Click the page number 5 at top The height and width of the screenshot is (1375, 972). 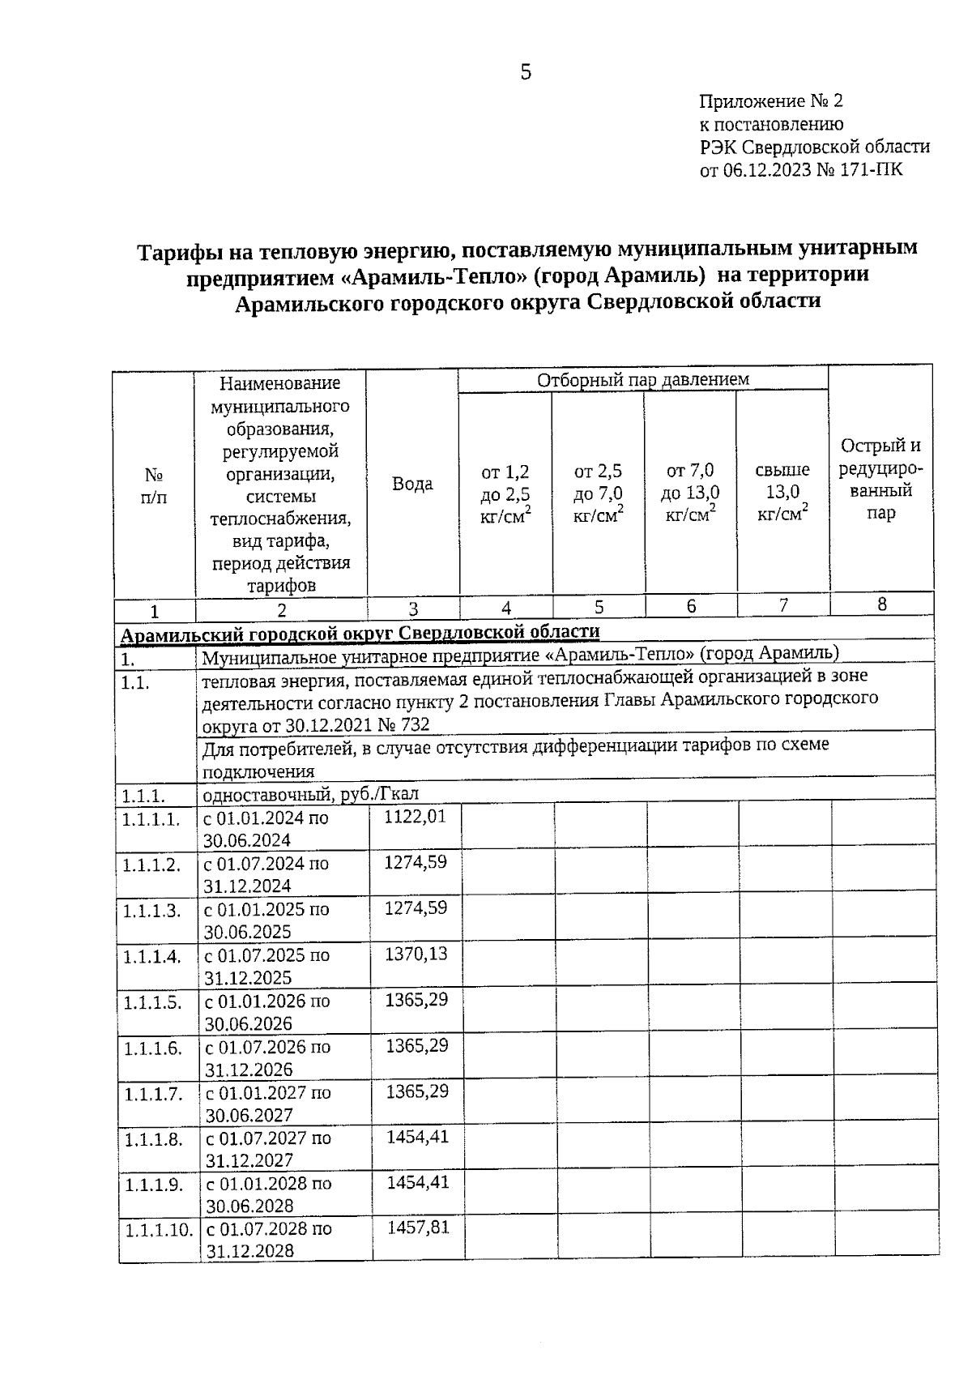pyautogui.click(x=526, y=73)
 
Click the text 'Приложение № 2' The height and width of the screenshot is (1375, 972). pyautogui.click(x=770, y=101)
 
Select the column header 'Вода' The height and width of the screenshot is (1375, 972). pyautogui.click(x=412, y=484)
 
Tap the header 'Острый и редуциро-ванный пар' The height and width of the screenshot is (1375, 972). pyautogui.click(x=880, y=479)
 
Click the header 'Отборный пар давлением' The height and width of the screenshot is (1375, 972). pyautogui.click(x=643, y=379)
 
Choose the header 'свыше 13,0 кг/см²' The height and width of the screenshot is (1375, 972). pyautogui.click(x=782, y=492)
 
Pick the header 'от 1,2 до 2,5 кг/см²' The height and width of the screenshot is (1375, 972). pyautogui.click(x=505, y=493)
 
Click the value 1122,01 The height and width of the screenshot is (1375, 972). pyautogui.click(x=415, y=817)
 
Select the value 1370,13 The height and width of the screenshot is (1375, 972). pyautogui.click(x=416, y=954)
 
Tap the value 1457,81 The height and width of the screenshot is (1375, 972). pyautogui.click(x=418, y=1228)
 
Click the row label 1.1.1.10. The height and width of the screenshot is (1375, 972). pyautogui.click(x=159, y=1230)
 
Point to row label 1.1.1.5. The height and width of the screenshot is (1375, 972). pyautogui.click(x=151, y=1002)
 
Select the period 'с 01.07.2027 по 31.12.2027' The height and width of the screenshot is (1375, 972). pyautogui.click(x=268, y=1149)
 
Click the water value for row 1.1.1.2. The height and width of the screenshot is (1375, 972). pyautogui.click(x=415, y=862)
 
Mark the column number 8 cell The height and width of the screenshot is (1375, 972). pyautogui.click(x=881, y=604)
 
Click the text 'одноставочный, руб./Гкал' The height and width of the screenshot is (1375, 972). pyautogui.click(x=310, y=794)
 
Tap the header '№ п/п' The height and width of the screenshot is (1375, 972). pyautogui.click(x=154, y=485)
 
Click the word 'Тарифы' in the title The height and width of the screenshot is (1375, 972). pyautogui.click(x=175, y=253)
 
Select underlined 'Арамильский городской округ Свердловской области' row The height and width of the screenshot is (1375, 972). pyautogui.click(x=360, y=632)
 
